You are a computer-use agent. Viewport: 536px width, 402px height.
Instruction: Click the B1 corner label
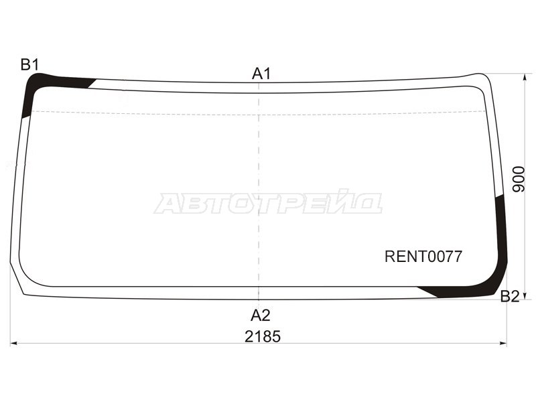[29, 65]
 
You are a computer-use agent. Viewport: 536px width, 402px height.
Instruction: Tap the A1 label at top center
[261, 74]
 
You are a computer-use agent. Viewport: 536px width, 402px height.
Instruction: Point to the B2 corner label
[510, 297]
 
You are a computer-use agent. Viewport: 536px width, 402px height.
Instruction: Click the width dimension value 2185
[262, 337]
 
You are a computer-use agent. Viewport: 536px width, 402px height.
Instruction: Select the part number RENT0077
[423, 257]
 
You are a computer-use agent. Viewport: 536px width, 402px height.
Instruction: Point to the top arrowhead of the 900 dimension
[525, 77]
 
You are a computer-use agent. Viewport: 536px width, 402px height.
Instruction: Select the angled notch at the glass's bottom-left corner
[18, 281]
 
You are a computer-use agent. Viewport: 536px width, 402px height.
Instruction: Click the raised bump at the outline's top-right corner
[477, 76]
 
